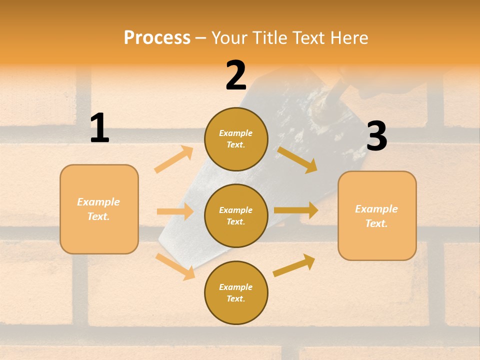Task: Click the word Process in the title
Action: (x=157, y=38)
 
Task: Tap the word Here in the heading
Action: (x=349, y=38)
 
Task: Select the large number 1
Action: (x=99, y=128)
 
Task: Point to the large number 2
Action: (x=236, y=75)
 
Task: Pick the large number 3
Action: (x=376, y=136)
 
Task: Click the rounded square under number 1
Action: (x=99, y=209)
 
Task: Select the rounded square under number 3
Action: (x=377, y=216)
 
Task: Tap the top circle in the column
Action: (x=236, y=139)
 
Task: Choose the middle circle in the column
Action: (x=236, y=216)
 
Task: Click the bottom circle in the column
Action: (x=236, y=293)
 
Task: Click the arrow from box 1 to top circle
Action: (x=173, y=159)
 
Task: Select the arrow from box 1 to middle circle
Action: (x=175, y=211)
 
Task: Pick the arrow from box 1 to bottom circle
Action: (x=175, y=266)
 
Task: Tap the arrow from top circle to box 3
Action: (x=297, y=159)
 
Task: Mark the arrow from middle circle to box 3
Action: (x=296, y=210)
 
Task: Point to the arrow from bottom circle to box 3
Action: (x=294, y=265)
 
